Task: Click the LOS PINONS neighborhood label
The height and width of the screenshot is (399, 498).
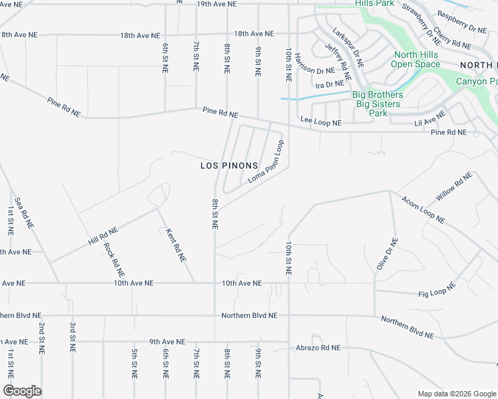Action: pos(229,165)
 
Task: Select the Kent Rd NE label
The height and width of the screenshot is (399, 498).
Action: pos(175,245)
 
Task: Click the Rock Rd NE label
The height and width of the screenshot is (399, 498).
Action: pos(114,259)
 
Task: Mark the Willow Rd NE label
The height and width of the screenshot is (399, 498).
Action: pos(454,186)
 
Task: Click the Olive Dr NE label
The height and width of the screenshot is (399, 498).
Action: pos(387,254)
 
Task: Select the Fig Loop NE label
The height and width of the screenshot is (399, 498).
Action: pos(437,290)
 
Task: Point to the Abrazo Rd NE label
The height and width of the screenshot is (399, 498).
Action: pos(318,348)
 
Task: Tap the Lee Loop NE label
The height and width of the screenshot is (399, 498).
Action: pos(321,122)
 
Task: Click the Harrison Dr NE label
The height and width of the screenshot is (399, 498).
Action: pos(316,70)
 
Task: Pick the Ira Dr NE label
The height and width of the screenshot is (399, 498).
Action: pos(330,84)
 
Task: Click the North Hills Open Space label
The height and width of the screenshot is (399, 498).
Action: pos(415,60)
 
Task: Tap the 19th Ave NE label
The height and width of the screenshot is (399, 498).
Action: pos(217,3)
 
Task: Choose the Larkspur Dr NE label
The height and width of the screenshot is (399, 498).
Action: pos(348,48)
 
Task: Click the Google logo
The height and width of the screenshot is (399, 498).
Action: pos(22,391)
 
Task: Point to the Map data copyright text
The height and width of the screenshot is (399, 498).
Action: pos(456,394)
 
